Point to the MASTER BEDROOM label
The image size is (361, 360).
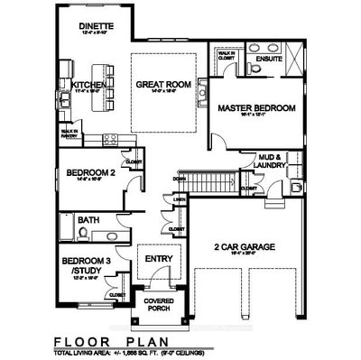[256, 108]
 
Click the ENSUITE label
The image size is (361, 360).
[269, 60]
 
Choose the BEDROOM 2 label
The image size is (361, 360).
[82, 172]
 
